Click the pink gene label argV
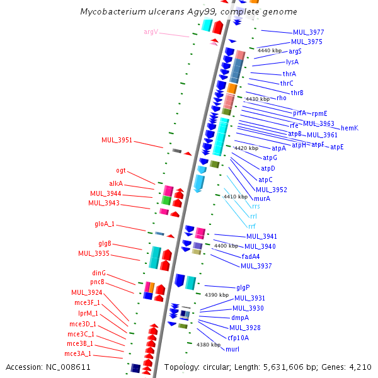pyautogui.click(x=151, y=31)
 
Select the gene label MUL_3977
pyautogui.click(x=308, y=32)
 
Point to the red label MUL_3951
pyautogui.click(x=117, y=140)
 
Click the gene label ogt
pyautogui.click(x=121, y=170)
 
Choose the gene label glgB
pyautogui.click(x=105, y=243)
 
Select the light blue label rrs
pyautogui.click(x=256, y=206)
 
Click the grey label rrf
pyautogui.click(x=252, y=226)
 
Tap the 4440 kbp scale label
pyautogui.click(x=269, y=50)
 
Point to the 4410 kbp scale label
pyautogui.click(x=235, y=197)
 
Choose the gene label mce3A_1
pyautogui.click(x=79, y=353)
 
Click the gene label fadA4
pyautogui.click(x=251, y=256)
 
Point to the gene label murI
pyautogui.click(x=232, y=348)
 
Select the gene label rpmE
pyautogui.click(x=319, y=113)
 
